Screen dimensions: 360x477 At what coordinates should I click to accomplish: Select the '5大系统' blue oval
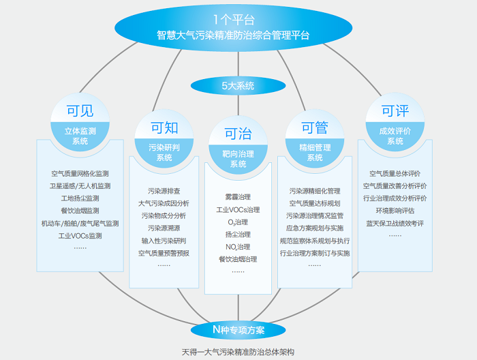pyautogui.click(x=238, y=86)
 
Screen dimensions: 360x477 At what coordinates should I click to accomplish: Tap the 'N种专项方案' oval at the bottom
pyautogui.click(x=238, y=330)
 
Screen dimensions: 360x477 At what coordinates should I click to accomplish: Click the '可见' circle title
pyautogui.click(x=80, y=112)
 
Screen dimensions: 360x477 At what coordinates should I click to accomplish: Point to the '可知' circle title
pyautogui.click(x=164, y=127)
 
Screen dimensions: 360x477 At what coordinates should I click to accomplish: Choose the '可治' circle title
pyautogui.click(x=238, y=134)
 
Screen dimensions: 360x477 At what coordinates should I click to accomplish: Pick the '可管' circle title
pyautogui.click(x=315, y=127)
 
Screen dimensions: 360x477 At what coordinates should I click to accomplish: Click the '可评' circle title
pyautogui.click(x=395, y=111)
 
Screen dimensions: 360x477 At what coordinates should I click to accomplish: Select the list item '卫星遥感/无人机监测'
pyautogui.click(x=80, y=186)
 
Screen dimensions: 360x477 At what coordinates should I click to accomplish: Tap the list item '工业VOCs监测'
pyautogui.click(x=80, y=236)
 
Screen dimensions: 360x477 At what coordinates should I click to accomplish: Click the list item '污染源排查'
pyautogui.click(x=164, y=191)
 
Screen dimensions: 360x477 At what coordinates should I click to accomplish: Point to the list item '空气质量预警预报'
pyautogui.click(x=164, y=253)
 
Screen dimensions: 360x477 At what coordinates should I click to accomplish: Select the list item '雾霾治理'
pyautogui.click(x=238, y=197)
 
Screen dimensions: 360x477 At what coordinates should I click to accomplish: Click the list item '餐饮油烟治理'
pyautogui.click(x=238, y=259)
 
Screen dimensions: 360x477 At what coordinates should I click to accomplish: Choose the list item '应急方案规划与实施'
pyautogui.click(x=315, y=228)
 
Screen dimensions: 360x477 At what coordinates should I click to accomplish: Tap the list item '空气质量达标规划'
pyautogui.click(x=315, y=203)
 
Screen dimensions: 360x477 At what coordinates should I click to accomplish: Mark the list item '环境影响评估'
pyautogui.click(x=395, y=211)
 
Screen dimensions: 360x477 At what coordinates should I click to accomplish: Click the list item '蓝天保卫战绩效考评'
pyautogui.click(x=395, y=223)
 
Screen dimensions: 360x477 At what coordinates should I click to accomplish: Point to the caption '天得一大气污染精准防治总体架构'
pyautogui.click(x=238, y=352)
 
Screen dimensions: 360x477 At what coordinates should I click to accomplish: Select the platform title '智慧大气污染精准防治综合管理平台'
pyautogui.click(x=238, y=35)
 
